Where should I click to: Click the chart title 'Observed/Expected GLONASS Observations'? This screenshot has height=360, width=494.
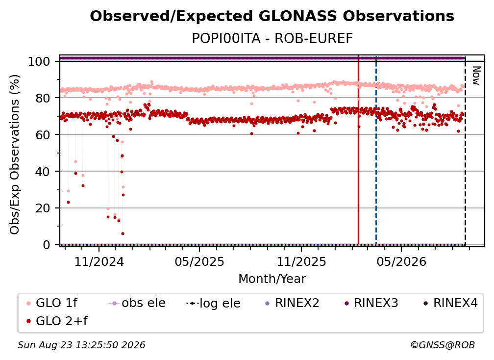click(272, 16)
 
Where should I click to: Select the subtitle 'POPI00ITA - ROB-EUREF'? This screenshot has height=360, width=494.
click(272, 38)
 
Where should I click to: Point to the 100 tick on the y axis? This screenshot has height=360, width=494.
click(39, 61)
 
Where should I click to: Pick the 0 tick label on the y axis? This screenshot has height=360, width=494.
click(47, 245)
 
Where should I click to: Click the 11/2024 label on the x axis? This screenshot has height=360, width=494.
click(99, 261)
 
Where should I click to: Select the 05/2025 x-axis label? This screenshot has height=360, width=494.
click(199, 261)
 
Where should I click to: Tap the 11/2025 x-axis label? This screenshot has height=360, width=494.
click(301, 261)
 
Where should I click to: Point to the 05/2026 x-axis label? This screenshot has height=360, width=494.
click(401, 261)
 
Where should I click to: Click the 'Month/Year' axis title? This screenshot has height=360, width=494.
click(272, 279)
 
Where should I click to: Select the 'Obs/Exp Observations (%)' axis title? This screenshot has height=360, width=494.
click(15, 154)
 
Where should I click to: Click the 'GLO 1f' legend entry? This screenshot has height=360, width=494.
click(51, 303)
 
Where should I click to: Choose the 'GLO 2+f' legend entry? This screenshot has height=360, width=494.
click(57, 321)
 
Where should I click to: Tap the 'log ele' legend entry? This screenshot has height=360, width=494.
click(213, 303)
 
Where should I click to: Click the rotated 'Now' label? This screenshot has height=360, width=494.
click(476, 76)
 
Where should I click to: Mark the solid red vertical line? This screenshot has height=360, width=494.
click(359, 150)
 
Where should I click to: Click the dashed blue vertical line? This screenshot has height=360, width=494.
click(376, 150)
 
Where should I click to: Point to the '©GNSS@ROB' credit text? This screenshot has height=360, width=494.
click(443, 345)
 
